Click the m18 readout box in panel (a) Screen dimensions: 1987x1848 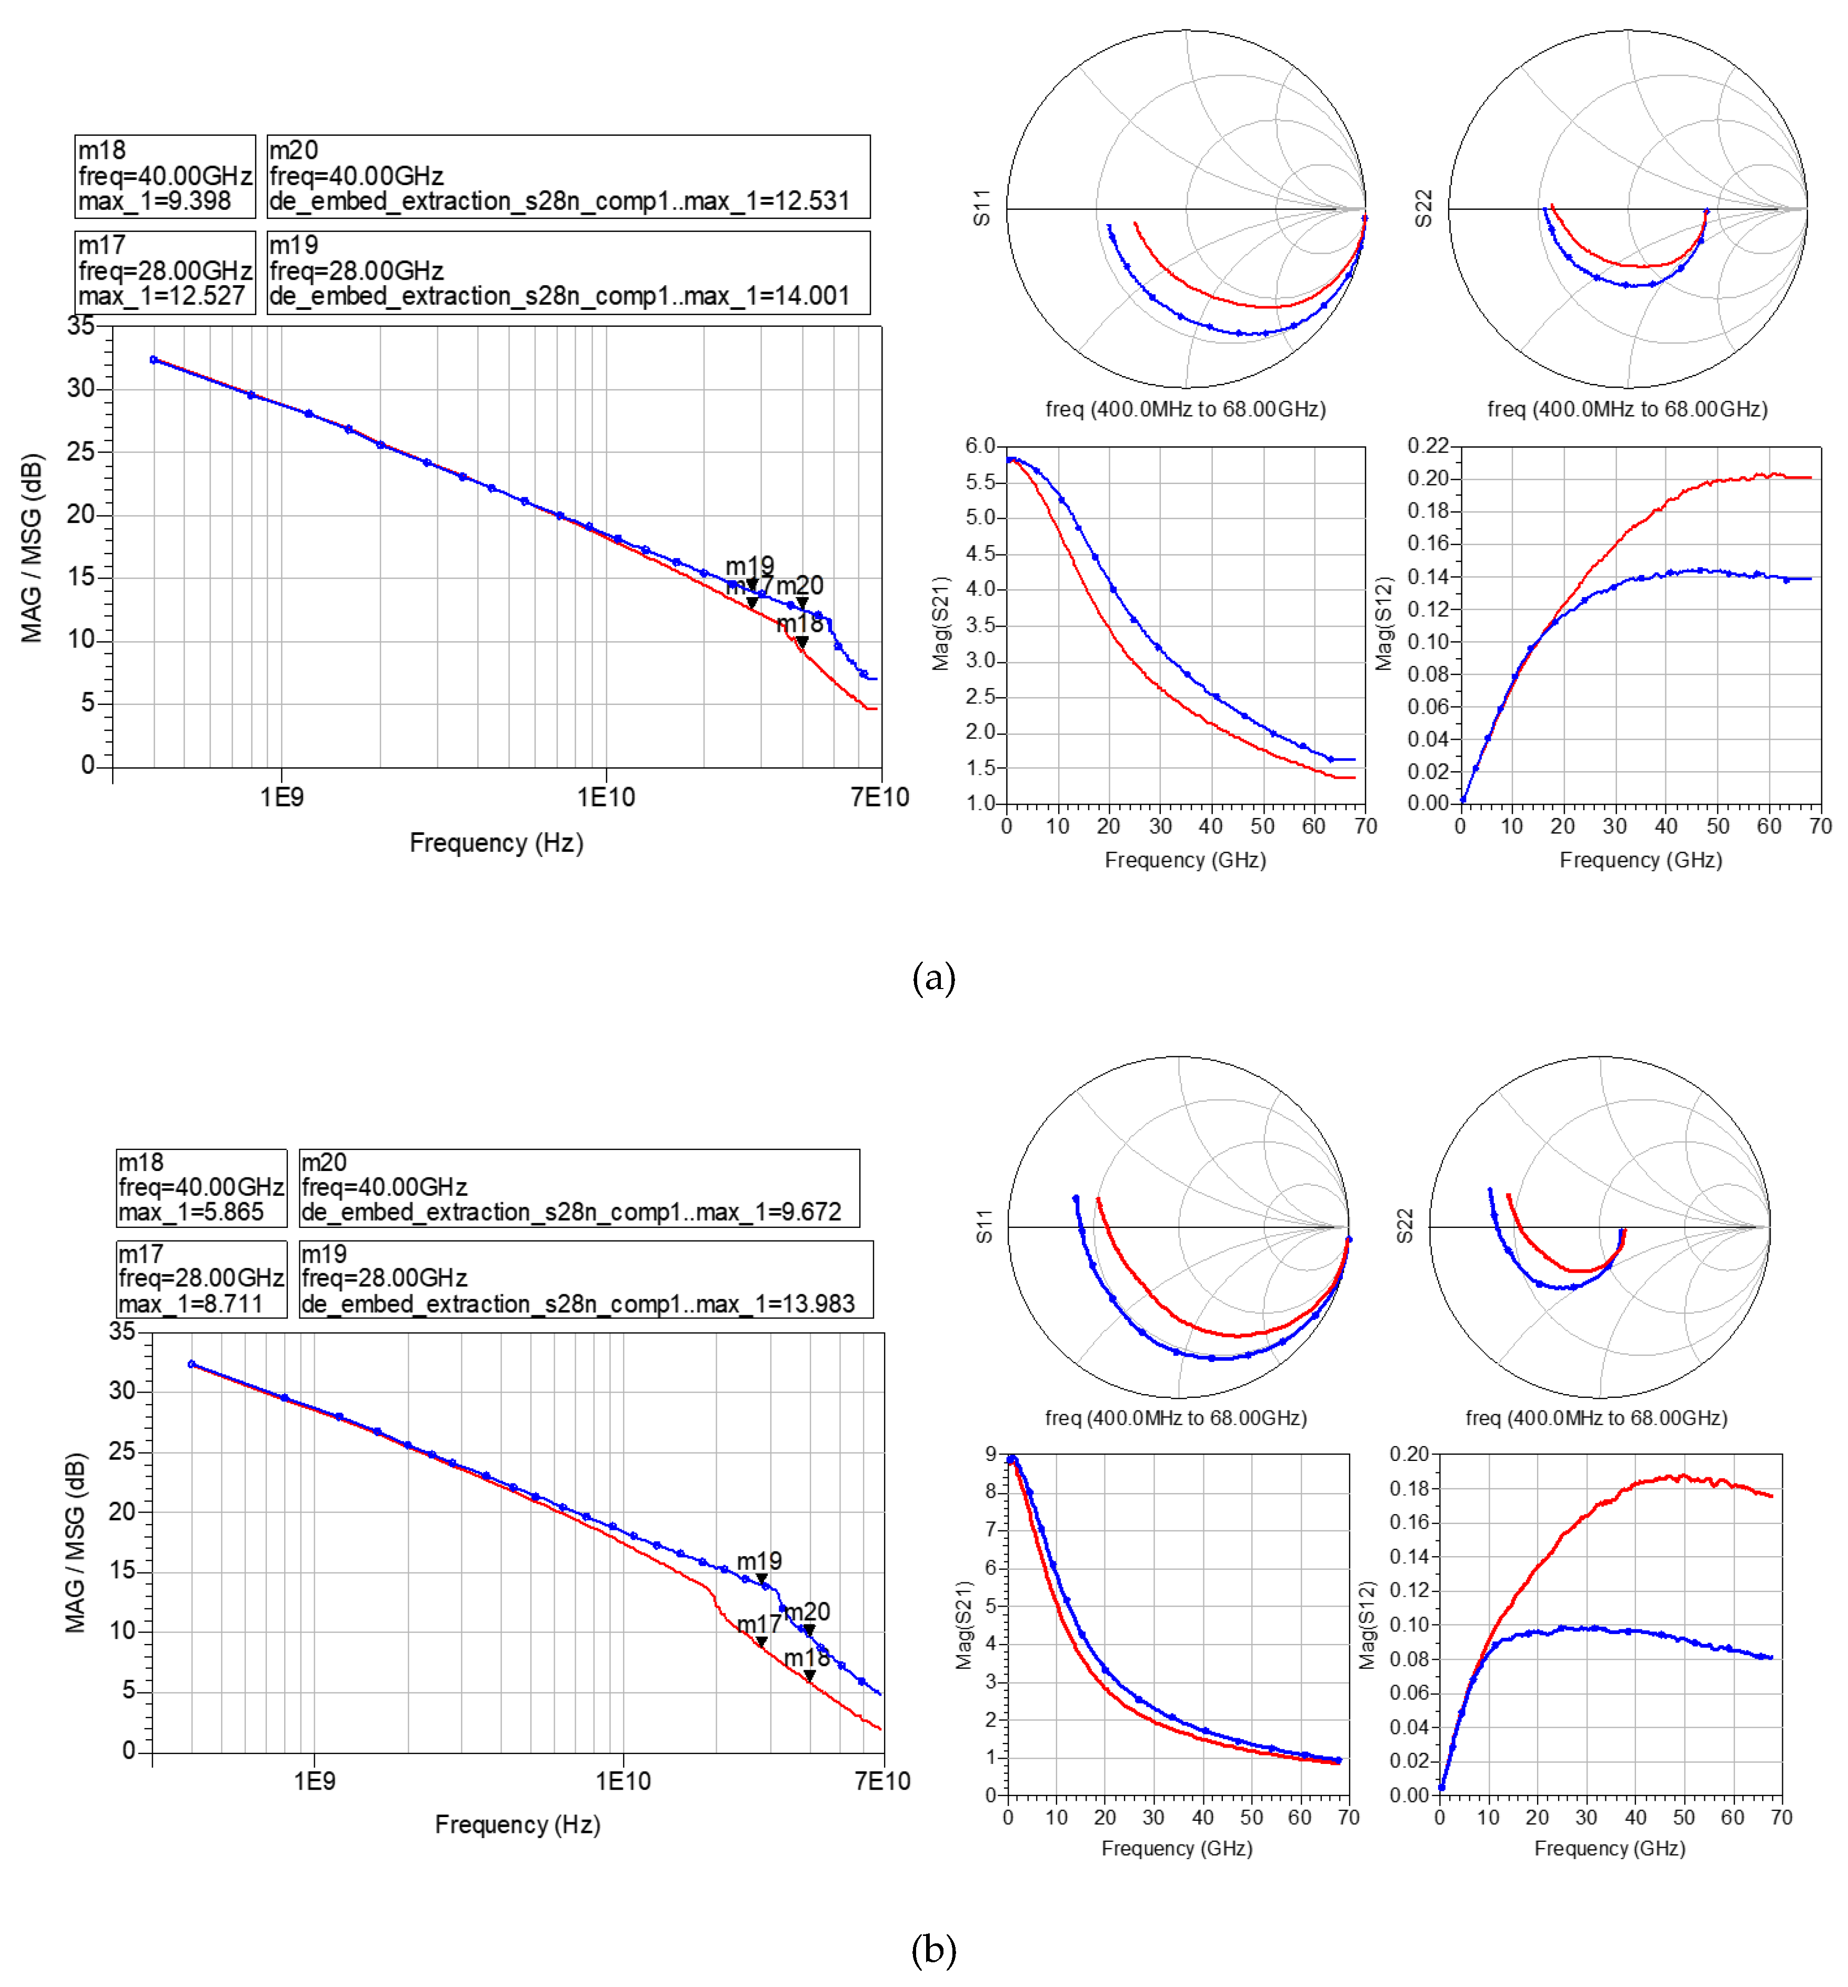pos(164,176)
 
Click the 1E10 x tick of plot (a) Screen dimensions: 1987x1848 pos(606,798)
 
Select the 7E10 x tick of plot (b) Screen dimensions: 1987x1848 pos(881,1781)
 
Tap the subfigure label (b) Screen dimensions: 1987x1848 pos(933,1949)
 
